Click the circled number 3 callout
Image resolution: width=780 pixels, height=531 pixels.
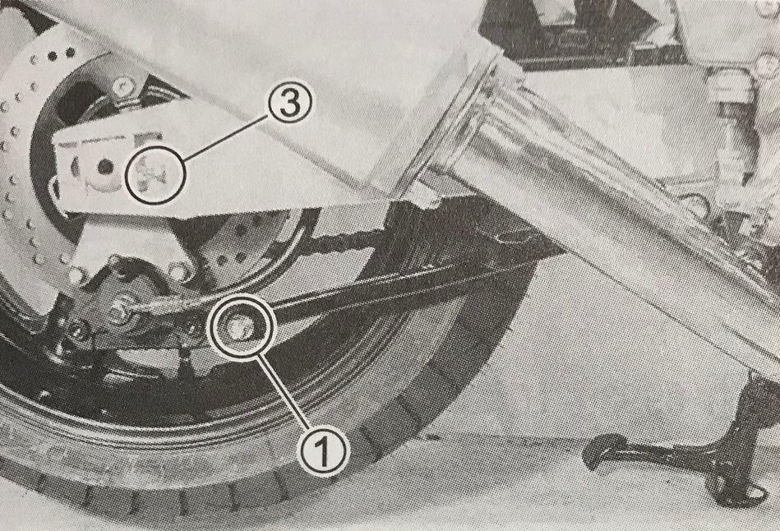pyautogui.click(x=290, y=104)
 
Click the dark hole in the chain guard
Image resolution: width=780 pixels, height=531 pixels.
pyautogui.click(x=105, y=167)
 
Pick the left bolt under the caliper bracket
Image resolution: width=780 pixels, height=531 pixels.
pyautogui.click(x=78, y=275)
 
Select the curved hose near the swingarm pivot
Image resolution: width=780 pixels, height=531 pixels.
pyautogui.click(x=696, y=204)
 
